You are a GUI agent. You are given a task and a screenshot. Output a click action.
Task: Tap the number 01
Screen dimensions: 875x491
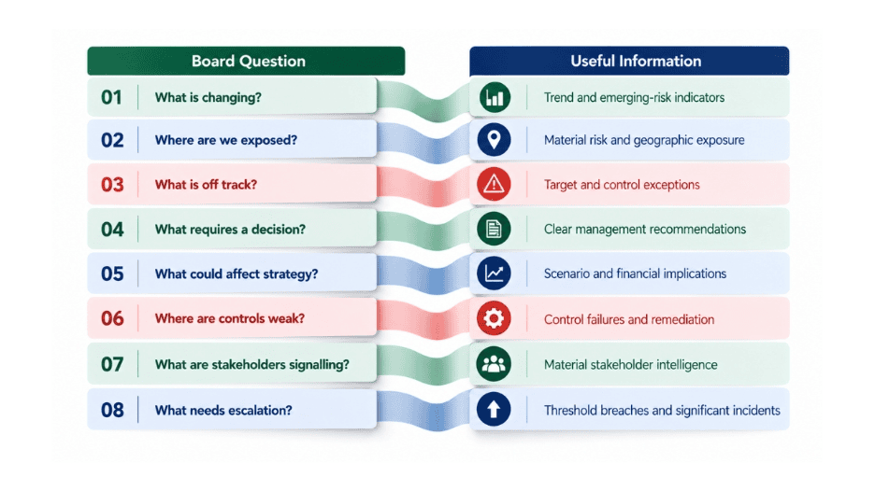[x=111, y=97]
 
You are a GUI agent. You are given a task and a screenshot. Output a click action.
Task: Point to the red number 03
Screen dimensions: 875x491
[x=112, y=185]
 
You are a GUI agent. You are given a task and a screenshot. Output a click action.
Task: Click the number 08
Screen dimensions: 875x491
[x=112, y=410]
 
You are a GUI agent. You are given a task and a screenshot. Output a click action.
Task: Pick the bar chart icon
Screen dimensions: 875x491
[x=495, y=97]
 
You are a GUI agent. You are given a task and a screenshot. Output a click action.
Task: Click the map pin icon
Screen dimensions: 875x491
[x=494, y=139]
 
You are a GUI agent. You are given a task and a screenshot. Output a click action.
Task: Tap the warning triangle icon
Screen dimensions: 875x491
[x=494, y=184]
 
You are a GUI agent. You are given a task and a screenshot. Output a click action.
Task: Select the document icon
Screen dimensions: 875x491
[x=494, y=229]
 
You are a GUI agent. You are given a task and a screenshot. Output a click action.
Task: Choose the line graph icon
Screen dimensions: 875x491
[x=494, y=274]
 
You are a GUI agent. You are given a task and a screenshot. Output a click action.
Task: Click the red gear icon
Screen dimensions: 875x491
[x=494, y=318]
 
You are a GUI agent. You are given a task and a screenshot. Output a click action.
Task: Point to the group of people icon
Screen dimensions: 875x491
[x=494, y=364]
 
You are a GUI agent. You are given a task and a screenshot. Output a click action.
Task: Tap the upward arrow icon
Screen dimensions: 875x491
[x=494, y=410]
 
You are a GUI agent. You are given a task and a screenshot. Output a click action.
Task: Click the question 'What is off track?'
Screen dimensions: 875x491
[x=206, y=185]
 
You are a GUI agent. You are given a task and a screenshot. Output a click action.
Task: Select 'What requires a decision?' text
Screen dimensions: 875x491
[x=230, y=230]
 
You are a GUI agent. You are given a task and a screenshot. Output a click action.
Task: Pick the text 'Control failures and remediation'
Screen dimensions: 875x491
[x=629, y=319]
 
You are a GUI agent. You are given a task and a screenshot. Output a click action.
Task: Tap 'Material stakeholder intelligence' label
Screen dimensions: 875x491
[x=631, y=364]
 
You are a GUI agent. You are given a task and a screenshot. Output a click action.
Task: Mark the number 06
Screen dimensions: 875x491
[x=112, y=319]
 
